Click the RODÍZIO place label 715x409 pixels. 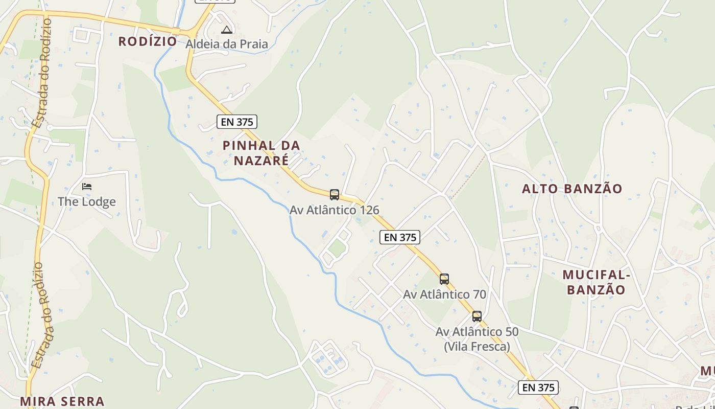point(148,41)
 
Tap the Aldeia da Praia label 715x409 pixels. point(226,44)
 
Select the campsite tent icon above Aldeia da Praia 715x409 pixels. point(227,30)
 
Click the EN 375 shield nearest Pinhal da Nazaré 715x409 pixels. point(236,122)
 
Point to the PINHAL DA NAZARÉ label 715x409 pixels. point(261,153)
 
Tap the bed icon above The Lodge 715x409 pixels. point(87,186)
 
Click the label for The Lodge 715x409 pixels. point(86,201)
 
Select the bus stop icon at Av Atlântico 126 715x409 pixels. point(335,194)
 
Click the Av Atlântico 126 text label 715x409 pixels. point(335,210)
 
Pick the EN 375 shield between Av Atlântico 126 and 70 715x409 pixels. point(400,237)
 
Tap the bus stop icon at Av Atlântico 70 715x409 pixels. point(444,279)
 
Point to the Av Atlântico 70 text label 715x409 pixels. point(444,294)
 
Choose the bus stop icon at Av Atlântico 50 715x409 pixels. point(476,316)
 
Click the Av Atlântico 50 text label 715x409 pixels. point(476,332)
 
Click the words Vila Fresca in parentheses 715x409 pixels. point(476,346)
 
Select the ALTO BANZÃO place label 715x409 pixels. point(572,189)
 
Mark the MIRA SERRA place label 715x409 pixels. point(62,401)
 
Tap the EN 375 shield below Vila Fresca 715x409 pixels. point(538,388)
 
